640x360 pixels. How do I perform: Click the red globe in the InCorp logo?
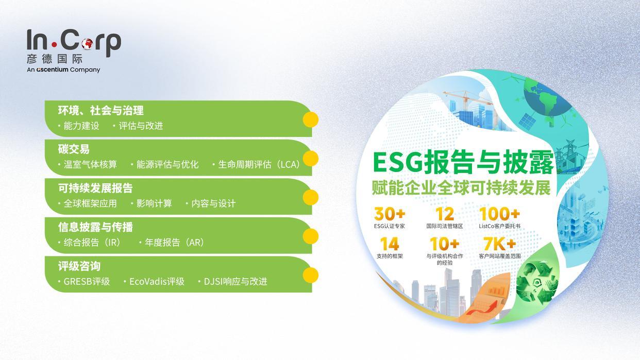tap(87, 44)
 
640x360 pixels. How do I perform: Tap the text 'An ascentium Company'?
tap(63, 70)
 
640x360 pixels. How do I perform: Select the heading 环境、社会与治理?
tap(100, 110)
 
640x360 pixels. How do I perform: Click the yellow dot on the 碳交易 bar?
tap(310, 158)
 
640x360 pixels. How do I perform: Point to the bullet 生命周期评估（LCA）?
tap(256, 164)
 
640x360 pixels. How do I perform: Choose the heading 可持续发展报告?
tap(95, 188)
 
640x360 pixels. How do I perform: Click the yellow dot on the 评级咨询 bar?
tap(310, 275)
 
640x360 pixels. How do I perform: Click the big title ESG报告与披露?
tap(463, 162)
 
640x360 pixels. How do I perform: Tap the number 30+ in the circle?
tap(390, 213)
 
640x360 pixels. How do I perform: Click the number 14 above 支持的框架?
tap(390, 243)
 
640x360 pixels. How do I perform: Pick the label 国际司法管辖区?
tap(444, 226)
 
